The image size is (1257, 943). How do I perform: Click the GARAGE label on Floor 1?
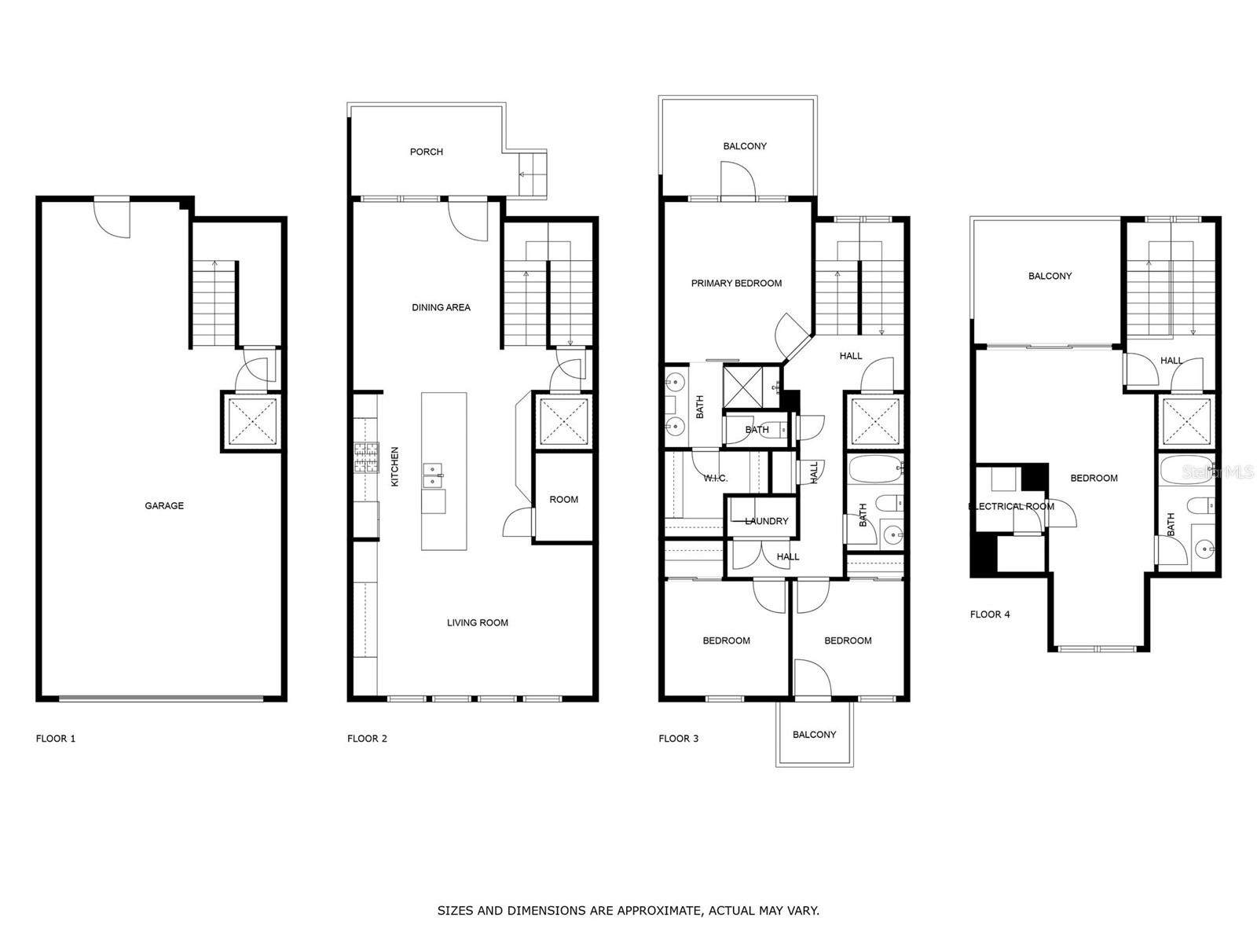164,505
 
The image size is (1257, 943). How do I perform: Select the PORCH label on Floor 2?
427,152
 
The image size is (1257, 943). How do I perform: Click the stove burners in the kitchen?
365,458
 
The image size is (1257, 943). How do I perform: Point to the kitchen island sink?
433,475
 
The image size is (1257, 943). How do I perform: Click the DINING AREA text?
441,307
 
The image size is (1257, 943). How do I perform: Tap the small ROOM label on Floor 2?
563,499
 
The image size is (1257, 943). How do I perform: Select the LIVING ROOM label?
477,622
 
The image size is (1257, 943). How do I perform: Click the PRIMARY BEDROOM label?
736,283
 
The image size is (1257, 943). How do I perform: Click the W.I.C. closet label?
715,478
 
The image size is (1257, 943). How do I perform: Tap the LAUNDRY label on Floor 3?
766,521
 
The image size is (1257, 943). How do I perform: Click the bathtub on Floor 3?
875,469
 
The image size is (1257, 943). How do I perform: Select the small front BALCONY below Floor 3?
814,734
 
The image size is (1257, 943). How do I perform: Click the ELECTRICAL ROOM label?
1011,506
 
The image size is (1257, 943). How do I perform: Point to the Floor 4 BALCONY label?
1050,276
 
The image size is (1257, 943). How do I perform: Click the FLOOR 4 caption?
990,615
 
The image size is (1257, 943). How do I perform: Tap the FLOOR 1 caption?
56,739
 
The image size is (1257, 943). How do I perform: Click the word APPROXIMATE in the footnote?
658,911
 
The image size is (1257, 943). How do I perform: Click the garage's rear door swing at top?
112,218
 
